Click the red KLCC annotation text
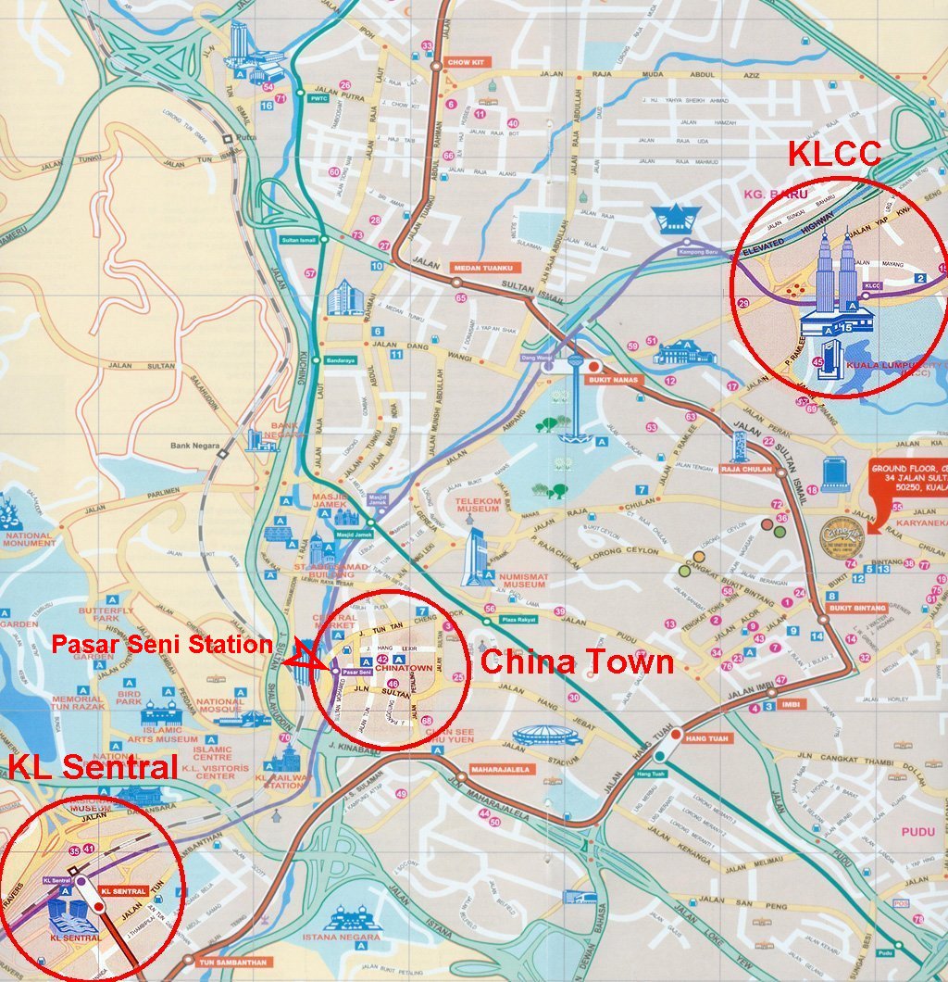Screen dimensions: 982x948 pos(834,154)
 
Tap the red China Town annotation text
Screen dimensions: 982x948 pos(577,661)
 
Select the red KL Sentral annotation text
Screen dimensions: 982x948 pos(92,767)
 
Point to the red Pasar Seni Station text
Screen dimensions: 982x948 pos(161,644)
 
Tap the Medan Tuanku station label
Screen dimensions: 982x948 pos(481,269)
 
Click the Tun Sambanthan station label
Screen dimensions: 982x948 pos(231,962)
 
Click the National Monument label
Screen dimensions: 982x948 pos(28,541)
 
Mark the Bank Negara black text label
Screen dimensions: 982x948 pos(194,446)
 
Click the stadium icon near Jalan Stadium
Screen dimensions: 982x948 pos(546,735)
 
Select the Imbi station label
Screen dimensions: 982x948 pos(793,704)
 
